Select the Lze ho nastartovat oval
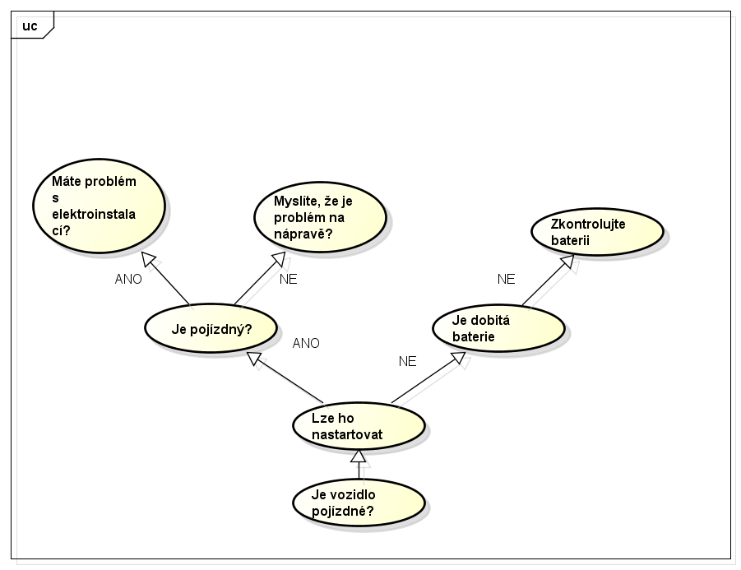tap(359, 426)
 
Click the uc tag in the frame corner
tap(30, 25)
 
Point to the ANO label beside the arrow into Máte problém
tap(128, 279)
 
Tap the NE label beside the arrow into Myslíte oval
tap(288, 279)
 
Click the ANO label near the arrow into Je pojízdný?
tap(306, 343)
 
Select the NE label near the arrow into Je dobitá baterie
tap(407, 361)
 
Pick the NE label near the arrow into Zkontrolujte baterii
tap(506, 279)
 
